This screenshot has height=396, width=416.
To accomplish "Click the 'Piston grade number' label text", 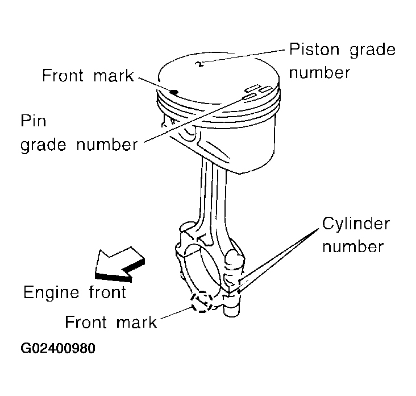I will click(x=342, y=60).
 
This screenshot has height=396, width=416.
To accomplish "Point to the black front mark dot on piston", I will click(x=175, y=90).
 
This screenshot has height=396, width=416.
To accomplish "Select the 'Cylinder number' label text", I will click(x=356, y=234).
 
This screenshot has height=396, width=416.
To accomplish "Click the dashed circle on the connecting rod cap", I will click(x=202, y=302).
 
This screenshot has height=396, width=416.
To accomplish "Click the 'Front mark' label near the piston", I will click(x=88, y=76).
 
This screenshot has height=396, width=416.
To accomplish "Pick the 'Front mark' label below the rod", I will click(x=111, y=323).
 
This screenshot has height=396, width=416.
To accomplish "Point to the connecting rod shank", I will click(x=215, y=193).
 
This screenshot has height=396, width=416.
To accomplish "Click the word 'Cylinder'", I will click(x=356, y=222).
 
